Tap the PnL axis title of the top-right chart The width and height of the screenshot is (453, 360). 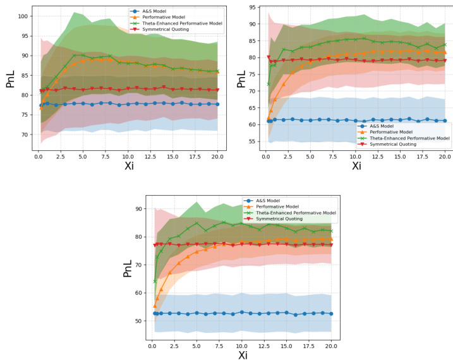(240, 77)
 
